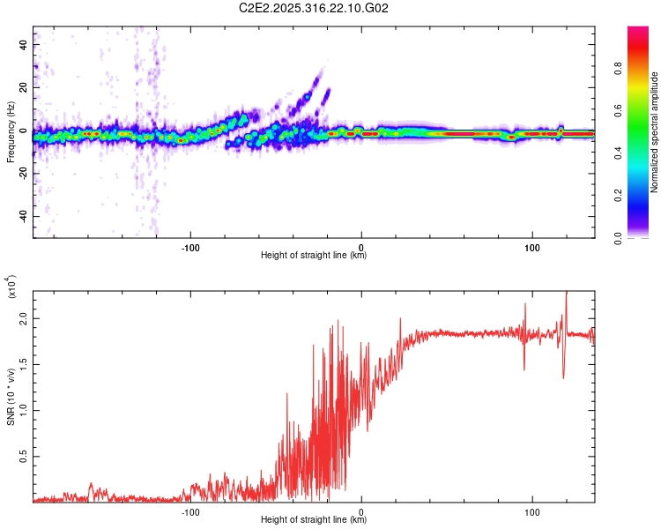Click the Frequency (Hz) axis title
(x=11, y=132)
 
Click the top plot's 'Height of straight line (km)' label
(x=314, y=256)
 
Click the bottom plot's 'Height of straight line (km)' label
(x=314, y=519)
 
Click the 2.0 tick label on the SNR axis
(x=22, y=320)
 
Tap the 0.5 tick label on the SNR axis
(x=22, y=456)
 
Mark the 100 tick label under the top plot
(x=531, y=246)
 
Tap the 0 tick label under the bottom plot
(x=362, y=510)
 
